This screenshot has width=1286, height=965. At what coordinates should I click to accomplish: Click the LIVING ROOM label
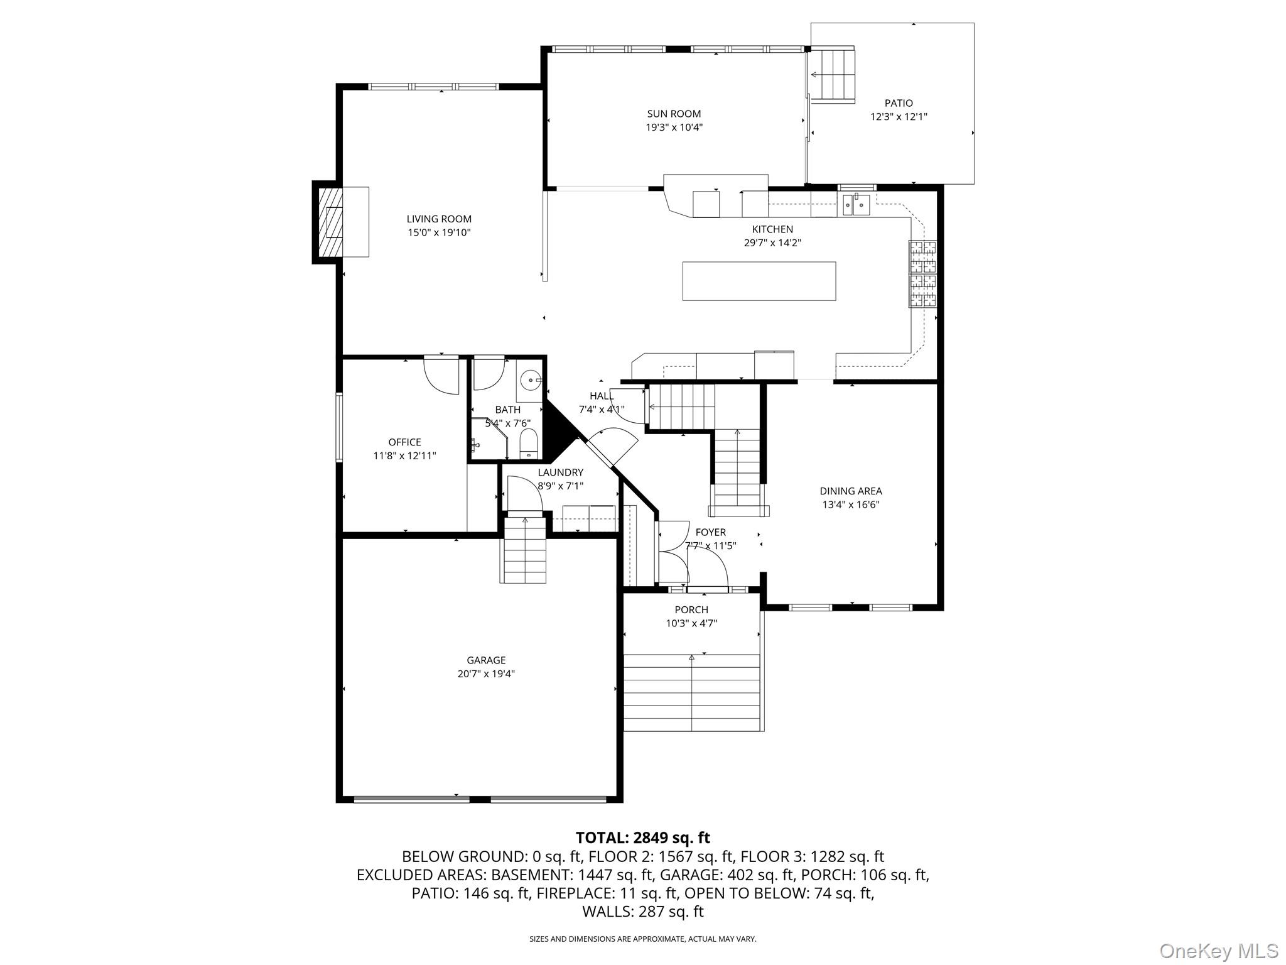438,219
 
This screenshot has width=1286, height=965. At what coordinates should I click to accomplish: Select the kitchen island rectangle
759,281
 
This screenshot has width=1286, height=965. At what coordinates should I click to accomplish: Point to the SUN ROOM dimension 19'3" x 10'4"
674,128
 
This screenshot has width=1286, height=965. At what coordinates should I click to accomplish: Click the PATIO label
898,103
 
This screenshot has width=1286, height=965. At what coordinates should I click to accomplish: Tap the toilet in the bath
529,444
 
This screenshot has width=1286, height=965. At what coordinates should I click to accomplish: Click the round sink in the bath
531,380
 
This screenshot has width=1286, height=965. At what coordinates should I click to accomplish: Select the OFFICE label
404,442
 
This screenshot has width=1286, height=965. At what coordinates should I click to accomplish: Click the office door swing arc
441,377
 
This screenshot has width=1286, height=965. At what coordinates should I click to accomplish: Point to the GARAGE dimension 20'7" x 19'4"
486,674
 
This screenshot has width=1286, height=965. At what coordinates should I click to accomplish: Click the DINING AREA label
850,491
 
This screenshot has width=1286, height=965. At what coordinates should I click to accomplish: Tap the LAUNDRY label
560,472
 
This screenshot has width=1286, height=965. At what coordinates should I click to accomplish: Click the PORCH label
691,609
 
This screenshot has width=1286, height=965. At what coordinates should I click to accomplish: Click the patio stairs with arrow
831,75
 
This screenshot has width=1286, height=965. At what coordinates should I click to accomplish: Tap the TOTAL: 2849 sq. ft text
642,837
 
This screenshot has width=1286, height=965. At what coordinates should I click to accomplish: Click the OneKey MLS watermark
1218,951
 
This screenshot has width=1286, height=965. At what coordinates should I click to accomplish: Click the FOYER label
710,532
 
